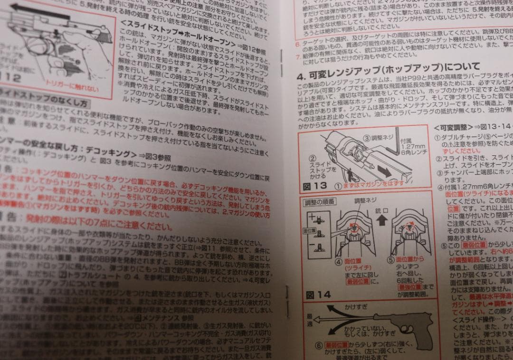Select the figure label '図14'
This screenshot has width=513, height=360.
318,295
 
